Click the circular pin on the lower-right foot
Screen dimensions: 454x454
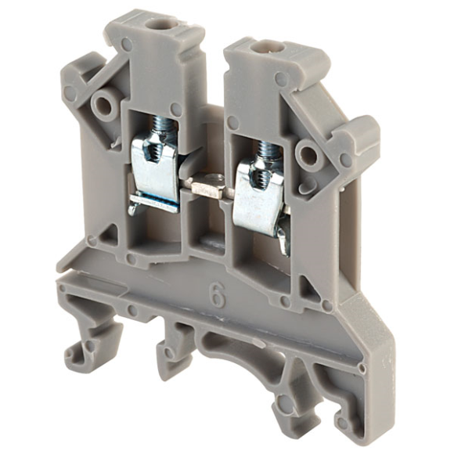pos(285,404)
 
